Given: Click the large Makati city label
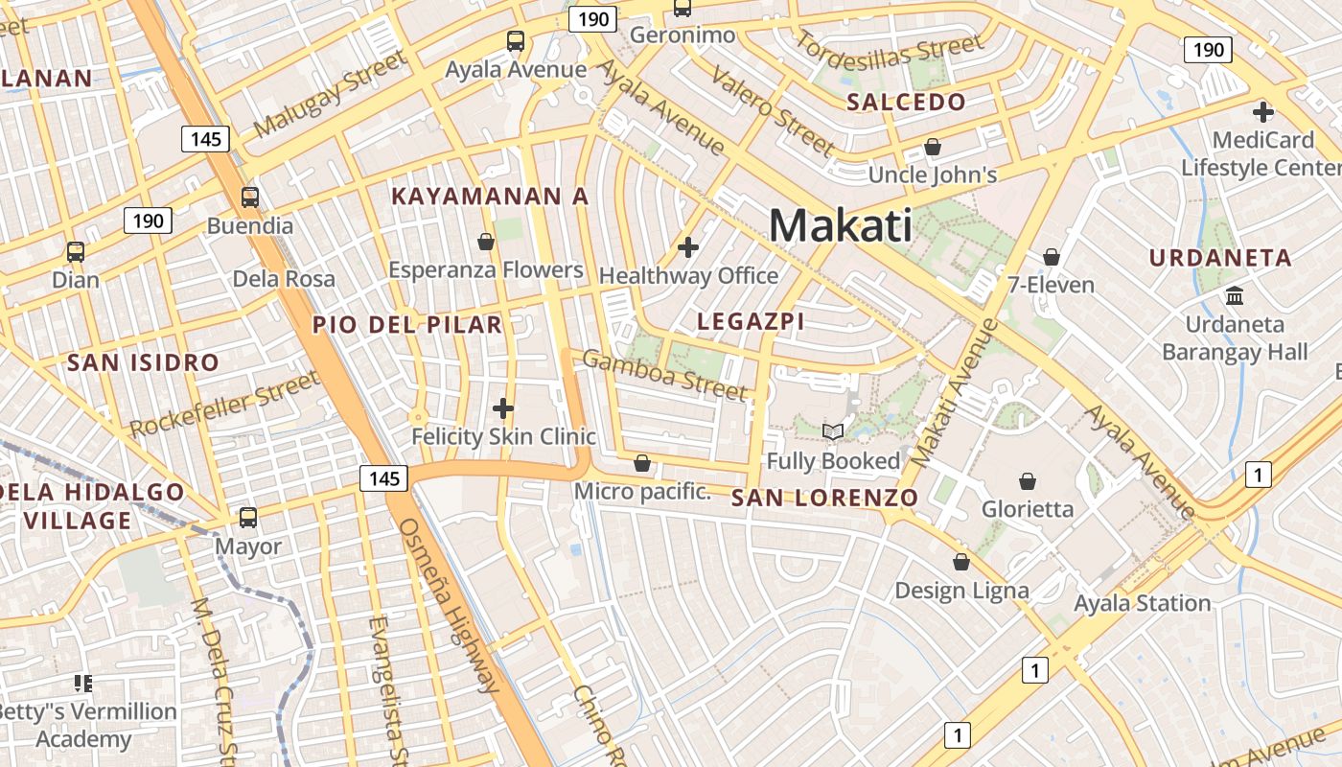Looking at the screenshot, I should click(840, 226).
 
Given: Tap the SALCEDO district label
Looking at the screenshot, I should click(906, 103).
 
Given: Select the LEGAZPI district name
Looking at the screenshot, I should click(751, 321).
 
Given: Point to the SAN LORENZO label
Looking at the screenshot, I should click(824, 498).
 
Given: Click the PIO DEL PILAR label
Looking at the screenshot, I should click(407, 325).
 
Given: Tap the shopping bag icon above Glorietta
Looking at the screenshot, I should click(1028, 480).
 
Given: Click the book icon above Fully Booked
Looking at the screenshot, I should click(833, 432).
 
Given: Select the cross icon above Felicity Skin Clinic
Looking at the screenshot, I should click(503, 409).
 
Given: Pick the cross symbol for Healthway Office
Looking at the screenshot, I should click(687, 247).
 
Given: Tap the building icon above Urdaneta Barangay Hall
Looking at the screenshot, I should click(1234, 296).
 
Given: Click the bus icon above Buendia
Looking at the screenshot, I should click(249, 198).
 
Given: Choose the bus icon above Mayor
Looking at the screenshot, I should click(248, 518).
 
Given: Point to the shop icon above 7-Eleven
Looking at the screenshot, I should click(1051, 257).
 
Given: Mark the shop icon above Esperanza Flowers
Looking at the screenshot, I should click(485, 241).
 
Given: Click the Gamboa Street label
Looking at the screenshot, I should click(663, 376).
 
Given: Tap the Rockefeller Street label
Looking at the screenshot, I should click(224, 405).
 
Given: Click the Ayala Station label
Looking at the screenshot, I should click(1142, 603).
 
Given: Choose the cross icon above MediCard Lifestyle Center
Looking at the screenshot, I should click(1262, 112).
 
